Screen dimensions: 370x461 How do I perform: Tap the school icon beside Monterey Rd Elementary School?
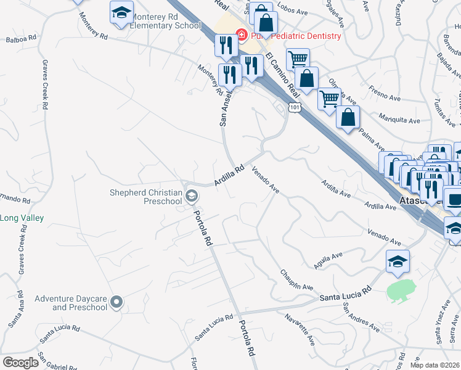[x=121, y=13]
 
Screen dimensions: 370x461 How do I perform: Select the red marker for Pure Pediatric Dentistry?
[x=242, y=36]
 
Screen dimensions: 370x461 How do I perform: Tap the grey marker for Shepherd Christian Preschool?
[x=192, y=197]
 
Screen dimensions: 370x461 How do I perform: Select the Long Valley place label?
[x=21, y=218]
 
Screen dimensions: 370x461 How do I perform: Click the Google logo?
[x=21, y=363]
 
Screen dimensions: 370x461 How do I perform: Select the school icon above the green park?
[x=398, y=262]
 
